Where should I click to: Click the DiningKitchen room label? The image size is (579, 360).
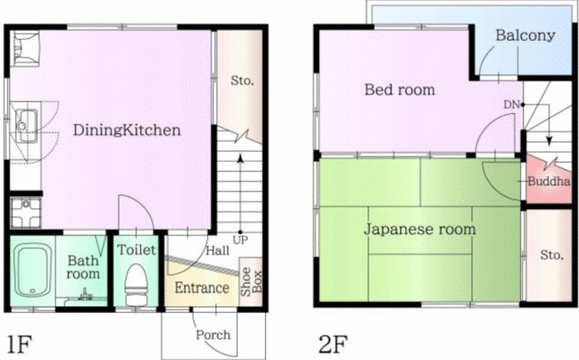[x=127, y=130]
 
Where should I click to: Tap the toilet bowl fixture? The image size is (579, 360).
[x=137, y=285]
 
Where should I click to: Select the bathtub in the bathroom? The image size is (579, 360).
[x=33, y=270]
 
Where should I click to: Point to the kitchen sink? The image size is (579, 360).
[x=25, y=126]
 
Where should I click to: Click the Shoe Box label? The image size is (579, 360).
[x=252, y=281]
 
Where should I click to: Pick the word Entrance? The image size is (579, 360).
[x=202, y=288]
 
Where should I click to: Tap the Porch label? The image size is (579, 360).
[x=214, y=335]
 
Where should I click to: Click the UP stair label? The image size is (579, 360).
[x=241, y=241]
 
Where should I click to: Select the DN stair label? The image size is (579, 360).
[x=511, y=105]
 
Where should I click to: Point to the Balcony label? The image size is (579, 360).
[x=525, y=35]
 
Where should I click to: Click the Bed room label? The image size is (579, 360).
[x=400, y=90]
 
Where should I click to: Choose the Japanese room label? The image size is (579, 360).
[x=420, y=229]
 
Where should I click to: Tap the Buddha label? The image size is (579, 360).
[x=549, y=181]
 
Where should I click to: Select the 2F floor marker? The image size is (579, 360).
[x=333, y=344]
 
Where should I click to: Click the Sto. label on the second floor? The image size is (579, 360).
[x=552, y=255]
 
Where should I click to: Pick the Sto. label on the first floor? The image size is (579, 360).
[x=242, y=81]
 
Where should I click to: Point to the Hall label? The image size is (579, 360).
[x=217, y=251]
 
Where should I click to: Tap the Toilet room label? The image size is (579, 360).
[x=137, y=250]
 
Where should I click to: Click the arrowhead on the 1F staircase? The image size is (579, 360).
[x=241, y=158]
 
